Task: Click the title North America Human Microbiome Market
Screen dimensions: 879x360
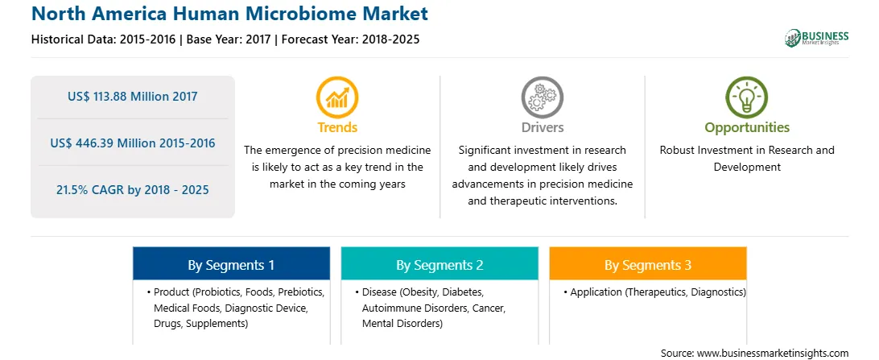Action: click(x=229, y=14)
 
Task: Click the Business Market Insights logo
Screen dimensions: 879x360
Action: click(x=816, y=38)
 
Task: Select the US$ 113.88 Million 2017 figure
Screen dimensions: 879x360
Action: click(x=132, y=97)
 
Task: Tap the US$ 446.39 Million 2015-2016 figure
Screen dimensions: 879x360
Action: click(x=132, y=143)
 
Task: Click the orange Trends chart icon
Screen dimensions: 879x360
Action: click(x=337, y=97)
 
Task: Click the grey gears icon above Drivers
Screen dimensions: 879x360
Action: click(x=542, y=97)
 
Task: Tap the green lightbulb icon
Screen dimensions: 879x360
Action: click(x=747, y=97)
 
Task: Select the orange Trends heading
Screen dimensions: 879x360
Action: click(x=337, y=127)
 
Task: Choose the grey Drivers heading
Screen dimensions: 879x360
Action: click(x=542, y=127)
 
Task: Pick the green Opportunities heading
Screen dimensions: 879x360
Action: click(x=747, y=128)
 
